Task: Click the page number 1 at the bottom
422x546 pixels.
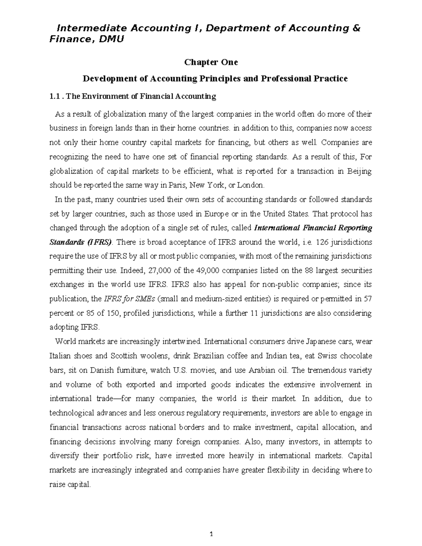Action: (211, 535)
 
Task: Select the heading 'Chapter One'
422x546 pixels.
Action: (211, 62)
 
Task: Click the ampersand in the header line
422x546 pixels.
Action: (356, 28)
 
